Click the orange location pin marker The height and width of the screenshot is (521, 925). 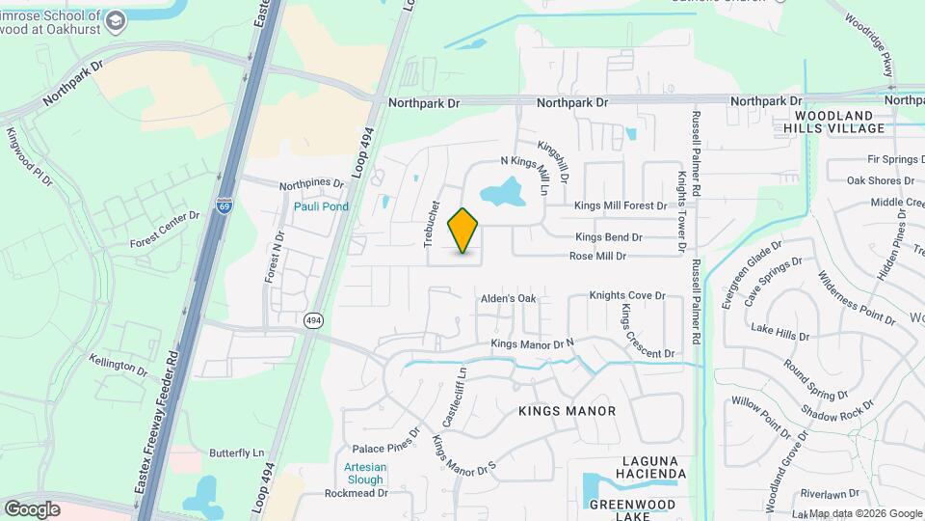click(x=463, y=231)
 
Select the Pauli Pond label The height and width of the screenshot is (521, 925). click(x=321, y=206)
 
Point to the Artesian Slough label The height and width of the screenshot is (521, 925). click(x=363, y=474)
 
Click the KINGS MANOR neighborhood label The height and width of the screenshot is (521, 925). click(x=567, y=411)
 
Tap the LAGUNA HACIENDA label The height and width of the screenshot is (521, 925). click(x=640, y=467)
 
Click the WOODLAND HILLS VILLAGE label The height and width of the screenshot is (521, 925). click(x=833, y=121)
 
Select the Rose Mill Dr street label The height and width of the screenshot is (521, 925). click(x=597, y=257)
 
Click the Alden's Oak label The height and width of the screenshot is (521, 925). click(x=508, y=299)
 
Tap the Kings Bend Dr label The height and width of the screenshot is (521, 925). click(x=608, y=237)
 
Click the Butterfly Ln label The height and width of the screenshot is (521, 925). click(x=236, y=452)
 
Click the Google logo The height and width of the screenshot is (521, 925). click(x=32, y=508)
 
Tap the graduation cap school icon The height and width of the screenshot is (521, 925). click(x=116, y=21)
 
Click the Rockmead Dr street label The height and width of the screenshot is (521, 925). click(x=356, y=492)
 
